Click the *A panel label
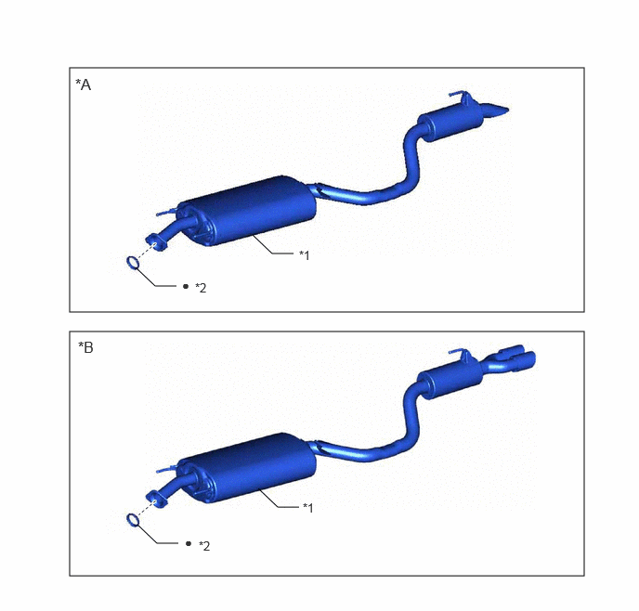pos(84,84)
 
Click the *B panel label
pos(85,347)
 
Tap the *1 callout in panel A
pos(305,255)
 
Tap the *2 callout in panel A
pos(201,288)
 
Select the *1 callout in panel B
pos(308,508)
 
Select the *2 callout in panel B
pos(204,546)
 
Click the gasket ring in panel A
pos(133,263)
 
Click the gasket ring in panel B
pos(133,520)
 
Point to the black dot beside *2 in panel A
pos(186,286)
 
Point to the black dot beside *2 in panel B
pos(189,543)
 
